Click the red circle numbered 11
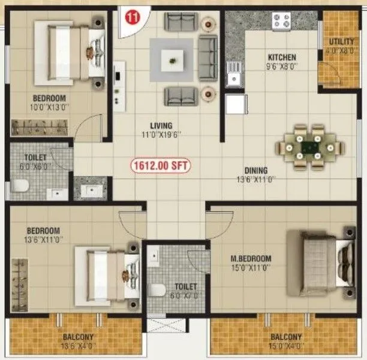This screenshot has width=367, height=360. tap(130, 17)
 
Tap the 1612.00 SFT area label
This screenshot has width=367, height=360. tap(161, 165)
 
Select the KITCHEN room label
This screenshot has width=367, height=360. tap(281, 58)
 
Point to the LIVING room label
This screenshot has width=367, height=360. tap(161, 125)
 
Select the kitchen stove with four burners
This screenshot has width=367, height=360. tap(281, 22)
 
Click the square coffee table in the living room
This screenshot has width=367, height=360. tap(173, 59)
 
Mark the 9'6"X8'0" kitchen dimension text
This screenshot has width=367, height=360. tap(281, 67)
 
